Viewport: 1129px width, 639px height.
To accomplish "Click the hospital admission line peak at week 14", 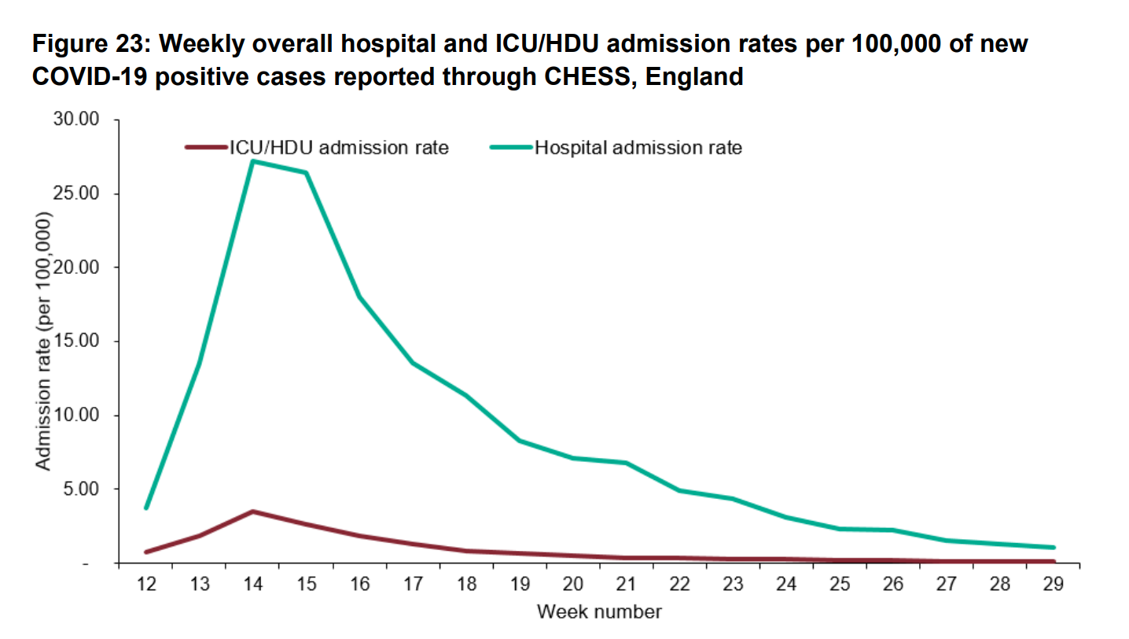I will click(252, 161).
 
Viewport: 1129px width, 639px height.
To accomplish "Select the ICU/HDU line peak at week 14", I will click(252, 512).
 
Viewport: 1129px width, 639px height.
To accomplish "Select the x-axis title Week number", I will click(599, 611).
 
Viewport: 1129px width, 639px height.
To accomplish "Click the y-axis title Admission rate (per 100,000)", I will click(44, 342).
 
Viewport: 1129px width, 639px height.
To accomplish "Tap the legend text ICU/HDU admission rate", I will click(339, 147).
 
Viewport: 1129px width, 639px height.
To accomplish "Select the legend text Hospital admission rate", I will click(638, 147).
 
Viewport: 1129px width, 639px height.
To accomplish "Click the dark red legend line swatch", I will click(206, 147).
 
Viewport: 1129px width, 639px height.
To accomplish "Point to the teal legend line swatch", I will click(511, 147).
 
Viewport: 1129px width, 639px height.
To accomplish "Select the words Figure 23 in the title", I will click(86, 44).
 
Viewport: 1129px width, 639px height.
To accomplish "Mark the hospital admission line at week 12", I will click(146, 508).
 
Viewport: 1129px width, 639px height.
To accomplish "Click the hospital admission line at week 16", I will click(359, 297).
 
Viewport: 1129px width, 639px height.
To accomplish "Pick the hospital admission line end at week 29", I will click(1053, 547).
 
